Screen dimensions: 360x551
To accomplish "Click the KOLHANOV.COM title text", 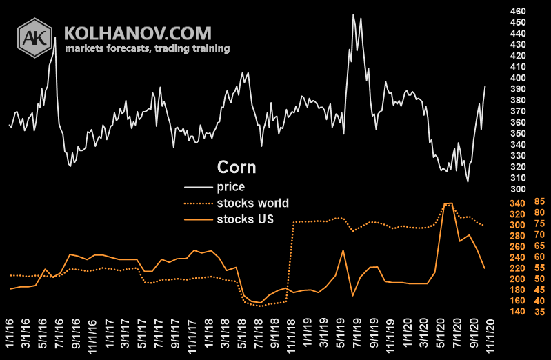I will coord(138,32).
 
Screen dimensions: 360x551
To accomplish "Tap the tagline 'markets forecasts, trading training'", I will coord(147,48).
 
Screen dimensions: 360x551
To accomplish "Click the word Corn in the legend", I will coord(237,168).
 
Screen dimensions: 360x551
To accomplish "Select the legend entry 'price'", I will coord(230,186).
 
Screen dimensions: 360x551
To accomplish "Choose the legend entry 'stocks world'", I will coord(252,203).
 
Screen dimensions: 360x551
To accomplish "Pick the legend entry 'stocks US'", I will coord(246,219).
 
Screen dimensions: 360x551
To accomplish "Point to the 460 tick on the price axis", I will coord(517,11).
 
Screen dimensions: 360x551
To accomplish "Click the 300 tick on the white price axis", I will coord(517,189).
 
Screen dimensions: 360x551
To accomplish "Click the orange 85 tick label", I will coord(539,202).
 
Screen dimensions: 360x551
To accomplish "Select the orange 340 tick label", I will coord(517,203).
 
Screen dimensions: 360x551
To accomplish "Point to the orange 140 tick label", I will coord(517,312).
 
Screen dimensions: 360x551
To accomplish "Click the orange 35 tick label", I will coord(539,312).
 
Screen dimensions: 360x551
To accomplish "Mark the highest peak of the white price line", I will coord(354,14).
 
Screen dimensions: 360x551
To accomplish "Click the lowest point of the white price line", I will coord(468,181).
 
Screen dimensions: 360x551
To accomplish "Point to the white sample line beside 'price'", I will coord(198,186).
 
